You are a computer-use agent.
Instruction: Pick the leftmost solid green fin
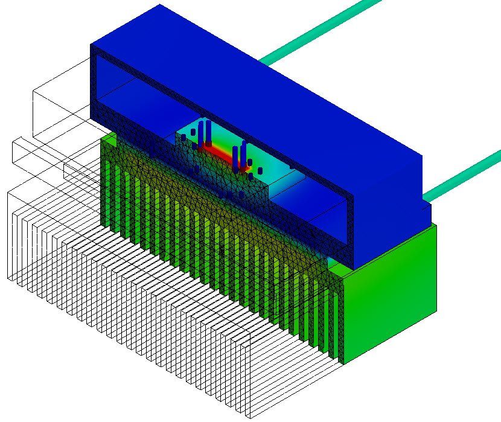coord(109,175)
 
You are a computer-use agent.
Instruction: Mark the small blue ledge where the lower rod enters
coord(426,208)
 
